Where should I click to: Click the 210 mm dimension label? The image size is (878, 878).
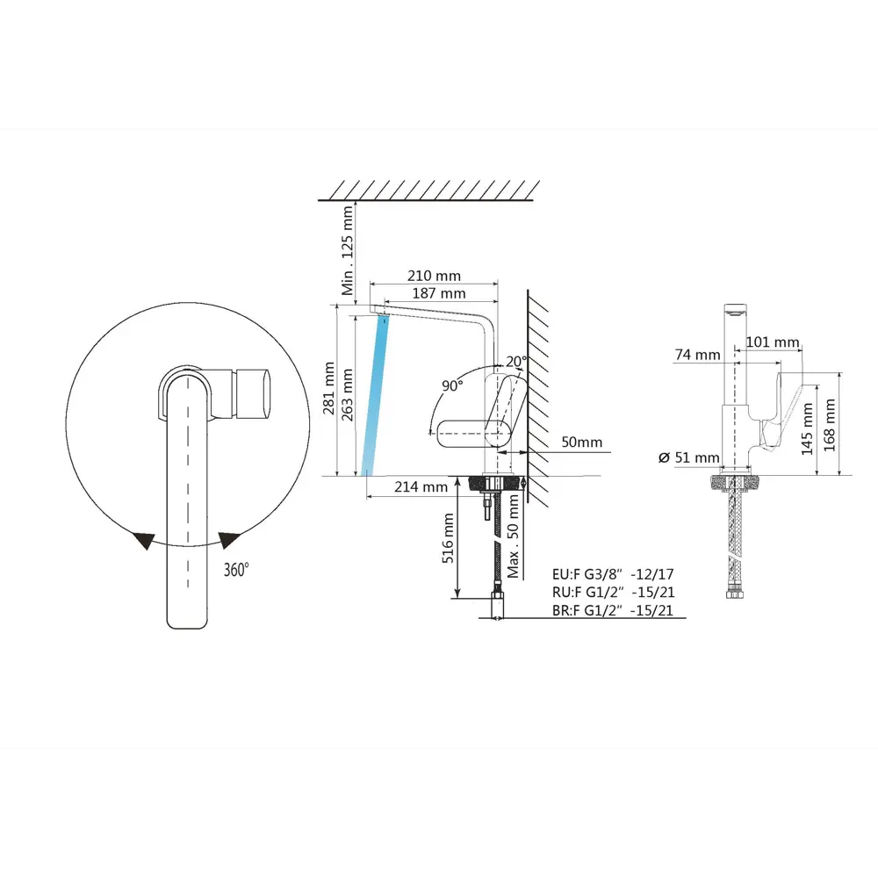click(x=434, y=276)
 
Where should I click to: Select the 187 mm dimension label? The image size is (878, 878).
click(x=439, y=293)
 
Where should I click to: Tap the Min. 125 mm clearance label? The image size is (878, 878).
click(x=348, y=250)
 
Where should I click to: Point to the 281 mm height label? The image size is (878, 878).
click(x=329, y=388)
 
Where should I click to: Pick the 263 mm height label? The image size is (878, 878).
click(x=347, y=395)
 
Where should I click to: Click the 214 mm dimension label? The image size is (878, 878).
click(x=421, y=486)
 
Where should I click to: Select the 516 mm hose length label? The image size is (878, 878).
click(x=448, y=538)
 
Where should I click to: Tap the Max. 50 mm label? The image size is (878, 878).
click(x=514, y=537)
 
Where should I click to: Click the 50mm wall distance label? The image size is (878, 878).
click(x=582, y=442)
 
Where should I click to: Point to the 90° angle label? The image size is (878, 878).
click(x=452, y=385)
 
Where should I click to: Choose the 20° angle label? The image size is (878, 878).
click(x=516, y=361)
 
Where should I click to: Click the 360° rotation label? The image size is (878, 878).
click(x=236, y=570)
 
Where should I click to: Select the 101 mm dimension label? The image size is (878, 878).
click(x=773, y=342)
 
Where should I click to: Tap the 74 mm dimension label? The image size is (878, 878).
click(x=698, y=355)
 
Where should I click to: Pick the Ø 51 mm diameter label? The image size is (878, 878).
click(x=689, y=457)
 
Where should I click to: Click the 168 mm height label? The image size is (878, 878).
click(x=830, y=425)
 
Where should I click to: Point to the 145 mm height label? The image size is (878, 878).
click(x=807, y=429)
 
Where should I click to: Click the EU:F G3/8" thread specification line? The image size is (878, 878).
click(x=613, y=574)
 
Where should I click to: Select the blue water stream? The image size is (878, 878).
click(x=375, y=395)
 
